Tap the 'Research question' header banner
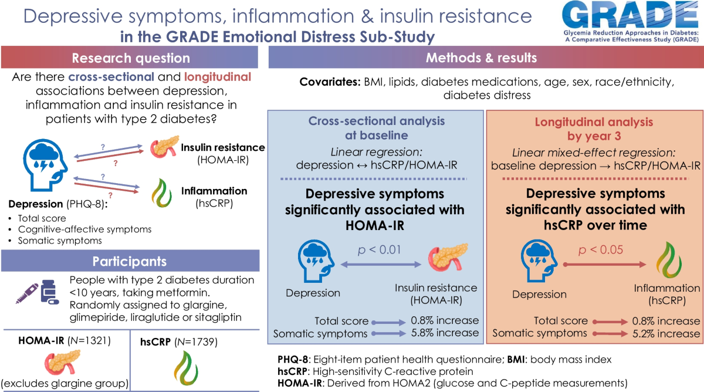[130, 58]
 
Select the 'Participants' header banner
[130, 261]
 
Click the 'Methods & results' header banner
[486, 57]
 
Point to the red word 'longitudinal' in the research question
[218, 77]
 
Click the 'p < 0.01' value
[380, 250]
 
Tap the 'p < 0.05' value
[601, 250]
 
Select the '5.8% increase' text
[445, 333]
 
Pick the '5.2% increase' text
[666, 333]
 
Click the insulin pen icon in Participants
[27, 293]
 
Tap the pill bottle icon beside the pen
[50, 292]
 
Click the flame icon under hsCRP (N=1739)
[186, 368]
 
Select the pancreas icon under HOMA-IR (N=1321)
[62, 363]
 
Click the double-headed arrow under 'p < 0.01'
[381, 265]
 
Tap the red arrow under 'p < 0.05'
[604, 265]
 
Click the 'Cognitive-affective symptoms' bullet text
[84, 229]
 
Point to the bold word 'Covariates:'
[330, 82]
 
